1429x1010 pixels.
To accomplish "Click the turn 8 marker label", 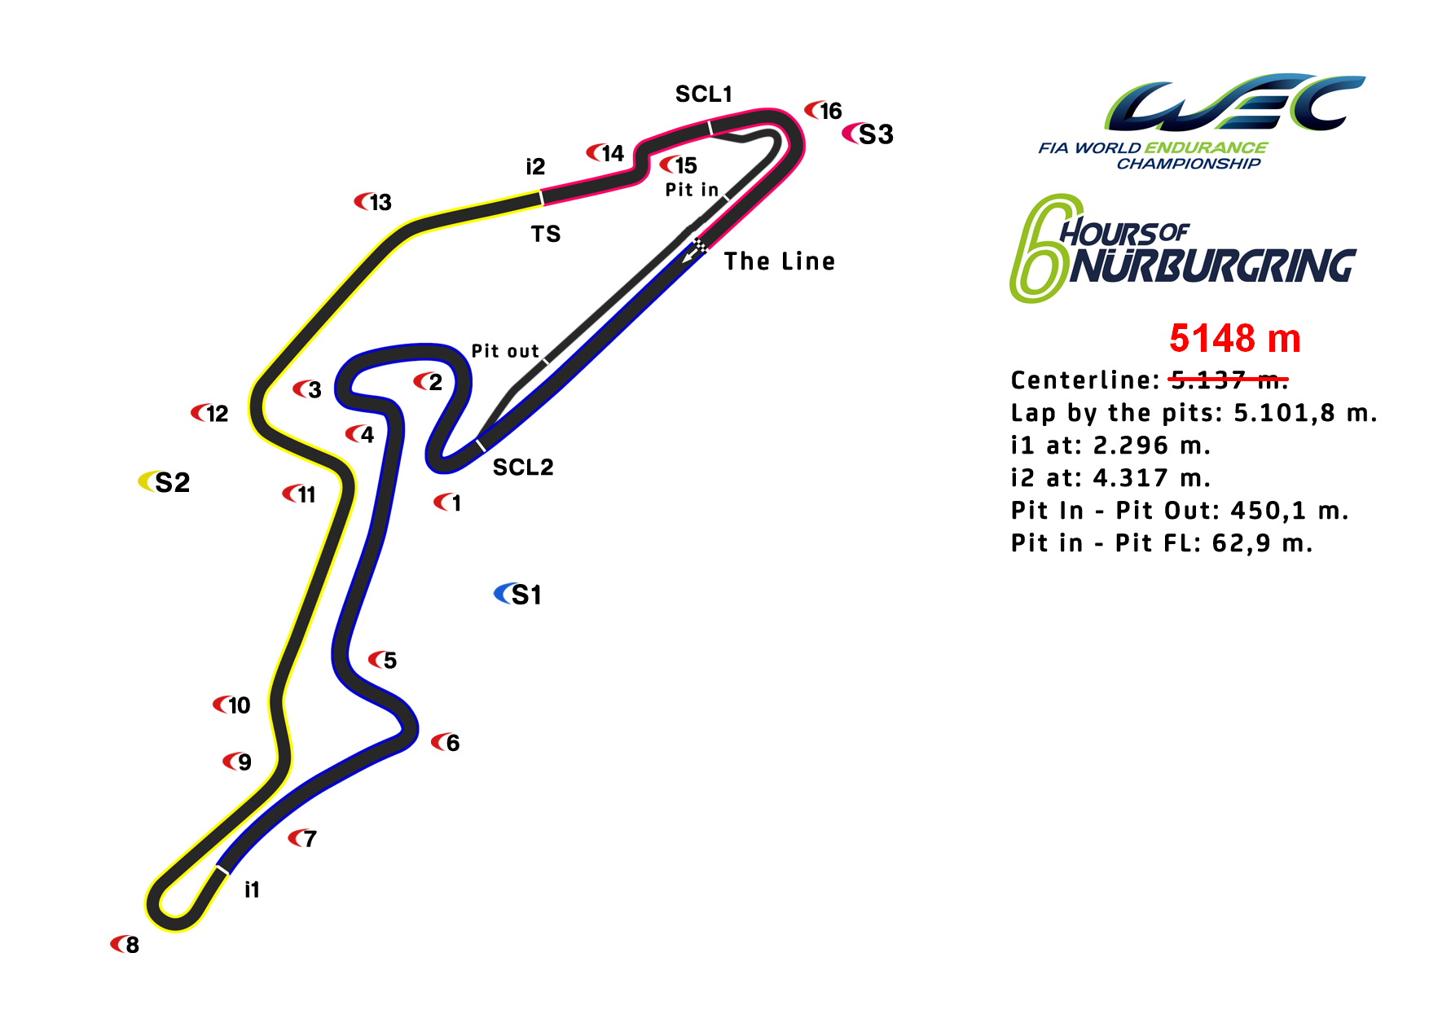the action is [125, 945].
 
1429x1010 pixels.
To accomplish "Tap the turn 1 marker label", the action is [448, 503].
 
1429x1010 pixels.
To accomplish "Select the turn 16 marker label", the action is [824, 111].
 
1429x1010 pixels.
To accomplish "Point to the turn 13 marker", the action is [373, 202].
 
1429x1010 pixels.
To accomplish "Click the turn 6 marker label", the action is [446, 743].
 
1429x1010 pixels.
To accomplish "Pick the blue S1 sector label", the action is [518, 595].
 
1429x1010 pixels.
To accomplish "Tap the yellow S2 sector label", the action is [165, 482].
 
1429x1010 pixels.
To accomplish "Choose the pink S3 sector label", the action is [868, 134].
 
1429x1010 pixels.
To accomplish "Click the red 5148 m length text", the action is [1235, 338].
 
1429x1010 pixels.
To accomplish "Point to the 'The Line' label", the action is [780, 261].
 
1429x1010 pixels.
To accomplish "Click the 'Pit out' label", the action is [505, 351].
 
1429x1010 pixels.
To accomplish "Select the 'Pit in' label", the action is [692, 190].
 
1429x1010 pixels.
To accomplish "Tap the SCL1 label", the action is [704, 94].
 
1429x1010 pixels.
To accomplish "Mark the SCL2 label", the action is [523, 468].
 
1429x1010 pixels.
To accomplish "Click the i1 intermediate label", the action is [252, 889].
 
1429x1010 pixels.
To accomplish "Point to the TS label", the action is [546, 235].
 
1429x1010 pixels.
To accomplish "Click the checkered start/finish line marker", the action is [699, 244].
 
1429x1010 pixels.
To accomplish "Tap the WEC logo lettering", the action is [1235, 103].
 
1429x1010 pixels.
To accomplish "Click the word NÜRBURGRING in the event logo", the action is [1212, 266].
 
